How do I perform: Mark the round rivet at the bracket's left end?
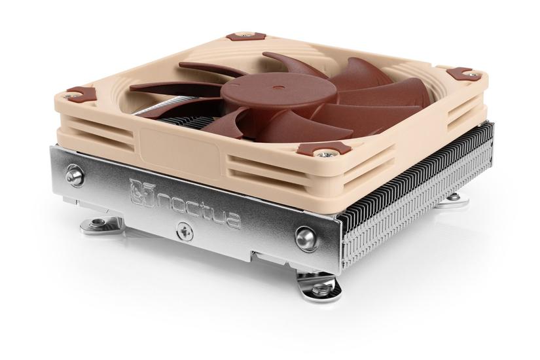[76, 175]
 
